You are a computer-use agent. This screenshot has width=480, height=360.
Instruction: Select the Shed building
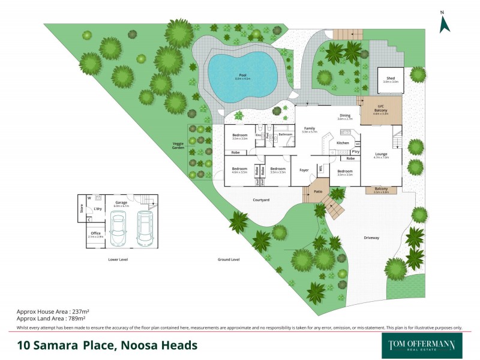tap(391, 80)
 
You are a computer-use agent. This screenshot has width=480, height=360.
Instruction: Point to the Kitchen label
tap(343, 143)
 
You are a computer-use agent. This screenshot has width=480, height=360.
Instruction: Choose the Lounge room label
tap(381, 154)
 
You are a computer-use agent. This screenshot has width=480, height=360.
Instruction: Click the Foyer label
tap(304, 170)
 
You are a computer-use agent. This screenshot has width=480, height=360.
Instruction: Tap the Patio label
tap(318, 192)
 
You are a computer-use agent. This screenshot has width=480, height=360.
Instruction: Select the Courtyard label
tap(260, 199)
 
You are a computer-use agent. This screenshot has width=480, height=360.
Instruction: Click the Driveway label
tap(371, 238)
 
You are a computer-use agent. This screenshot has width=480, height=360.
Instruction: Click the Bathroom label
tap(285, 134)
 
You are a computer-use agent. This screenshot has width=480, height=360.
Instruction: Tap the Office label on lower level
tap(95, 233)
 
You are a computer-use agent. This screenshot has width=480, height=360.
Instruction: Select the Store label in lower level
tap(82, 209)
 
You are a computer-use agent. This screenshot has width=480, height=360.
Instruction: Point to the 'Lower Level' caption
tap(118, 260)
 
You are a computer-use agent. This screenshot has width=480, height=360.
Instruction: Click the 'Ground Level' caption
tap(229, 260)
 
